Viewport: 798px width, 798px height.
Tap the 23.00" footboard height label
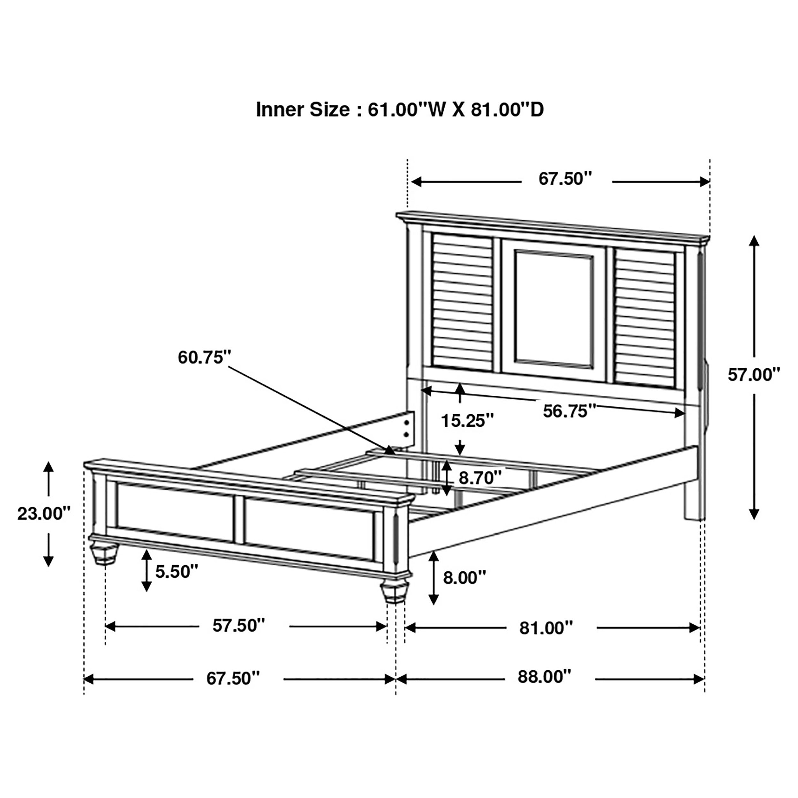coord(43,514)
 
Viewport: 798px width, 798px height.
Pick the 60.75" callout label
coord(204,357)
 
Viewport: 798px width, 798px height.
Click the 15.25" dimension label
coord(467,421)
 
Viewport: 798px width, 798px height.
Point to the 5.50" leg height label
coord(177,572)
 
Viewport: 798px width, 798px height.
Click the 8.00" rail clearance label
coord(464,577)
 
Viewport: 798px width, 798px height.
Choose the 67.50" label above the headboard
coord(565,179)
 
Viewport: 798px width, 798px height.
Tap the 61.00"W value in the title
coord(403,110)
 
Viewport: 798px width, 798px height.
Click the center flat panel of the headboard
coord(553,310)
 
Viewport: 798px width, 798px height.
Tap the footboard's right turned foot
coord(395,593)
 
